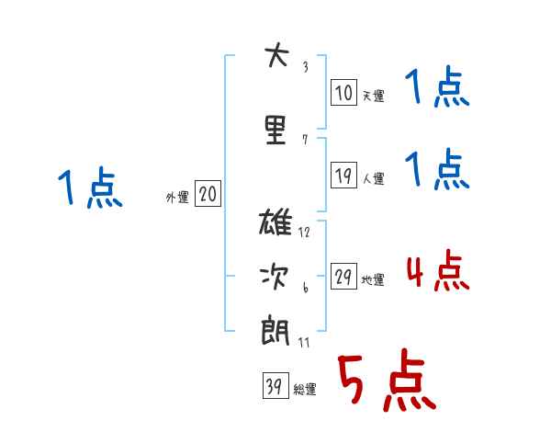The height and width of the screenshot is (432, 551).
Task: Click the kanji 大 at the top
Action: (x=275, y=56)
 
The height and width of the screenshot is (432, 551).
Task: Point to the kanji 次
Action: (x=275, y=276)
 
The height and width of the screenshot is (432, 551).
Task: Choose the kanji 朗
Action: (x=275, y=328)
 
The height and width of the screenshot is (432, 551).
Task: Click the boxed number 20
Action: (x=208, y=194)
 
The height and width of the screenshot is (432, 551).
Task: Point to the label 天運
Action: (x=373, y=95)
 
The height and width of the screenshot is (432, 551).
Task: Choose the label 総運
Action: (x=304, y=390)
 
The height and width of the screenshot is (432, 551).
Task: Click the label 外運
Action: (x=177, y=197)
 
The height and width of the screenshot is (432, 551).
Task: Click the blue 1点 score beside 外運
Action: (x=89, y=188)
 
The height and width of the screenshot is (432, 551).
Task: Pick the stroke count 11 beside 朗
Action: (x=304, y=341)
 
